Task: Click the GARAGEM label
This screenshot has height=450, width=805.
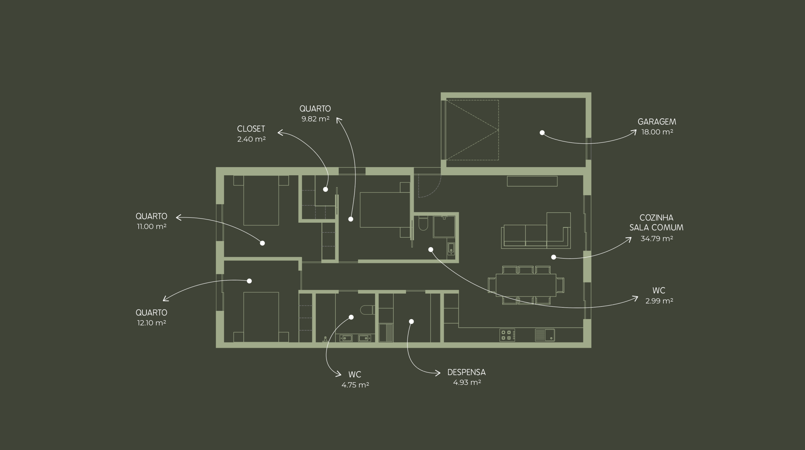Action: coord(657,122)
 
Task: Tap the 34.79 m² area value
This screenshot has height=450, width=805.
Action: coord(657,239)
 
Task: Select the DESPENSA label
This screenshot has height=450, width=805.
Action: coord(466,372)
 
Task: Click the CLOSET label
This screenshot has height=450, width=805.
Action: coord(251,129)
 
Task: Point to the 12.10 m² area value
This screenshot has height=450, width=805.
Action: coord(152,323)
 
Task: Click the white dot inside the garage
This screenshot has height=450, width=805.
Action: coord(542,133)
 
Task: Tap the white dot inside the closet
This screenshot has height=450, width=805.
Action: coord(325,189)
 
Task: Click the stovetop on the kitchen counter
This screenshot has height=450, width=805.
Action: coord(507,335)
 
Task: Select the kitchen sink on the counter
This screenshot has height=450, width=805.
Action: coord(545,335)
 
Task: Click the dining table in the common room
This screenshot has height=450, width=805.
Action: coord(526,285)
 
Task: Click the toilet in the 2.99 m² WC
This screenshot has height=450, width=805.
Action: coord(423,224)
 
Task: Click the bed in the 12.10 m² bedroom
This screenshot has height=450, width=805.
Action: coord(261,317)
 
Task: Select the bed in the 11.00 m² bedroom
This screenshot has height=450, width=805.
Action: coord(261,200)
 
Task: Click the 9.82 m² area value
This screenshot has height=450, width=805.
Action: coord(315,119)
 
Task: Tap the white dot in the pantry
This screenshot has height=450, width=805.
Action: coord(411,322)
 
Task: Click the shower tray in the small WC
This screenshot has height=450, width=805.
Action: coord(444,226)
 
